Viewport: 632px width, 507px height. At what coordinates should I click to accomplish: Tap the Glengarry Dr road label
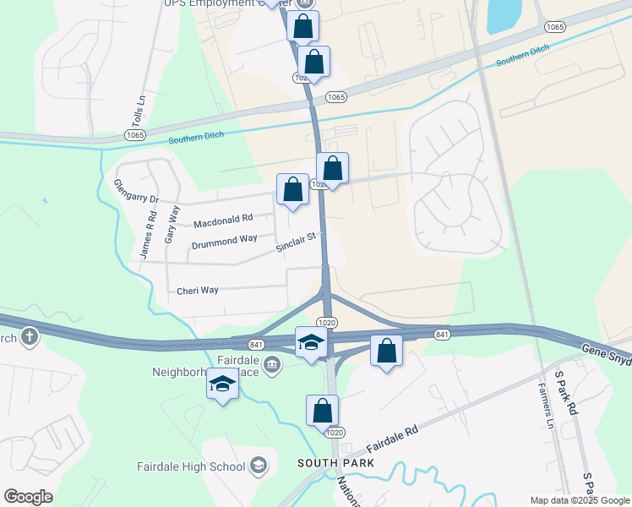pos(136,192)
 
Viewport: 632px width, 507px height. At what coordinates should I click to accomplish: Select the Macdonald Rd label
pos(223,221)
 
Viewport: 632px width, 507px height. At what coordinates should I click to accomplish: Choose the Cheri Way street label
pos(198,291)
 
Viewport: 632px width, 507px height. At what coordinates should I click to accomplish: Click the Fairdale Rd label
pos(394,440)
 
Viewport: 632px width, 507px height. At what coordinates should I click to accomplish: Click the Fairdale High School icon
pos(259,466)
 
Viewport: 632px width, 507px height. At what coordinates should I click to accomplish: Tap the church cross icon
pos(30,338)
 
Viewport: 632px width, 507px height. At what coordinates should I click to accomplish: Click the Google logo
pos(28,497)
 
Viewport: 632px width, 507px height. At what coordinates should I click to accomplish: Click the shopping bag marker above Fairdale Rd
pos(322,411)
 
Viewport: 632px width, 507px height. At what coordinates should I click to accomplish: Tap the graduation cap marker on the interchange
pos(311,343)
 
